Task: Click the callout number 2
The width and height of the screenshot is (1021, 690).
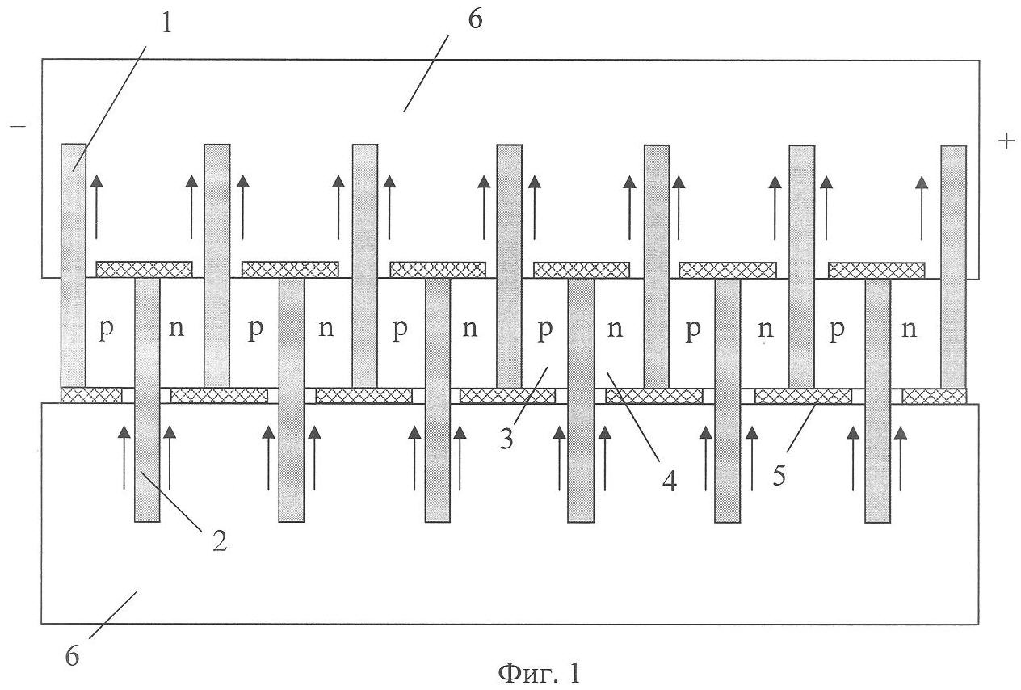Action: (x=220, y=541)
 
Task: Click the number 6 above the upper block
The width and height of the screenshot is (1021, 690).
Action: (x=475, y=19)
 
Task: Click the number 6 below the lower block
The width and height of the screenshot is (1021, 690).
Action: (x=72, y=656)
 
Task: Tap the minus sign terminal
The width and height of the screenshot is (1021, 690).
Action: (x=18, y=128)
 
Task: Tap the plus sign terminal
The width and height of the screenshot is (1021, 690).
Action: (x=1006, y=141)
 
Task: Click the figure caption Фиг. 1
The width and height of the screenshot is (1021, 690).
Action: (x=538, y=672)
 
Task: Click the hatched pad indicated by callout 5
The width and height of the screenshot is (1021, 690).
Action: (x=802, y=396)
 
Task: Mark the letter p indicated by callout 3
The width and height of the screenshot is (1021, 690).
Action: (x=545, y=331)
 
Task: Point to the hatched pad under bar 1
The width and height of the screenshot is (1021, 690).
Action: (x=91, y=395)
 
